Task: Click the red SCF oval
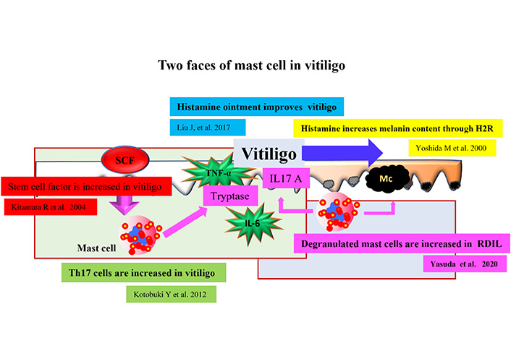(125, 160)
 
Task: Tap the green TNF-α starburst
(218, 172)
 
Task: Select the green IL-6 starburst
(252, 223)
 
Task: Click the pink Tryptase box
(230, 196)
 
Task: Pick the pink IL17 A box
(286, 178)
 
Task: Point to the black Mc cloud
(387, 179)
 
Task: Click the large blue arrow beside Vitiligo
(342, 153)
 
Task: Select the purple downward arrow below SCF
(124, 205)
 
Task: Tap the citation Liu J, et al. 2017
(203, 127)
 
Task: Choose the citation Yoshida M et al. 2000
(451, 148)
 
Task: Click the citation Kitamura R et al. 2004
(48, 207)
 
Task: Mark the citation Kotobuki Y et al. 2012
(170, 295)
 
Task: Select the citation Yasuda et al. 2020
(464, 264)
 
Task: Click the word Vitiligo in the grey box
(269, 154)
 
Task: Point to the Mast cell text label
(96, 248)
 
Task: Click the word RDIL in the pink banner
(489, 244)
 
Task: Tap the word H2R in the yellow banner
(484, 128)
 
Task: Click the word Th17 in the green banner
(80, 272)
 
